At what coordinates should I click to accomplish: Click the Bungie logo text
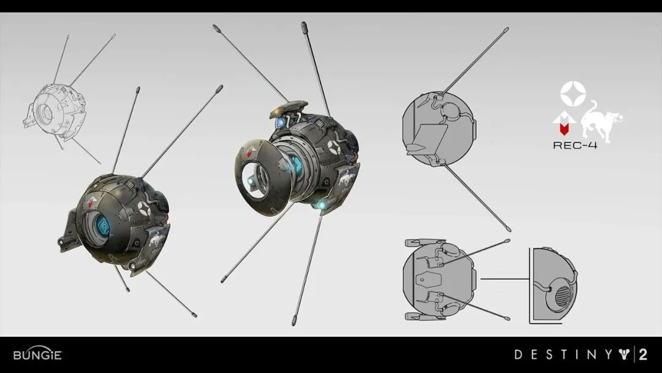37,354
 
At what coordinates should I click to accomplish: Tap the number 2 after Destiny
643,355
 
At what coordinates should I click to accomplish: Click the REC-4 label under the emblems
575,145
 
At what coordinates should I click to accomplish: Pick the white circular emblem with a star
573,94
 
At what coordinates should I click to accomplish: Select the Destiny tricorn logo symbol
625,355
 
